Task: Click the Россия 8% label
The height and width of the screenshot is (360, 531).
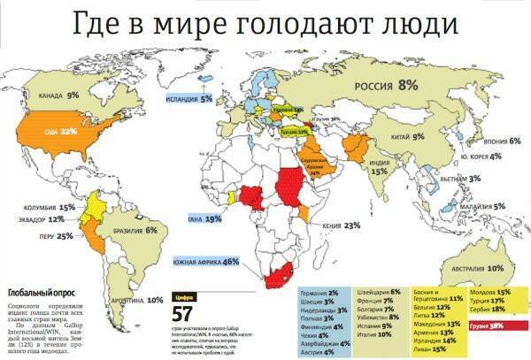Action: (385, 86)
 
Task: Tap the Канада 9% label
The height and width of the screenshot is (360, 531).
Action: (60, 94)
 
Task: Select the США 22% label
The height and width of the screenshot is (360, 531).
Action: (73, 131)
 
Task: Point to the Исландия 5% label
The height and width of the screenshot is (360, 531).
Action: (195, 99)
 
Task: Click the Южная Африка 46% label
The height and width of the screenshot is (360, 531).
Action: (206, 262)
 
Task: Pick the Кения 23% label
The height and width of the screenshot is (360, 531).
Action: (341, 226)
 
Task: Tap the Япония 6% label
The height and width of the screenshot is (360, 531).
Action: (502, 141)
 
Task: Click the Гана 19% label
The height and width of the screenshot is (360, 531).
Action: (205, 218)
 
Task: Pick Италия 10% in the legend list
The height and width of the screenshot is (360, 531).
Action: (372, 334)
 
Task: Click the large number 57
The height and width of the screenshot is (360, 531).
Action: (182, 315)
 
